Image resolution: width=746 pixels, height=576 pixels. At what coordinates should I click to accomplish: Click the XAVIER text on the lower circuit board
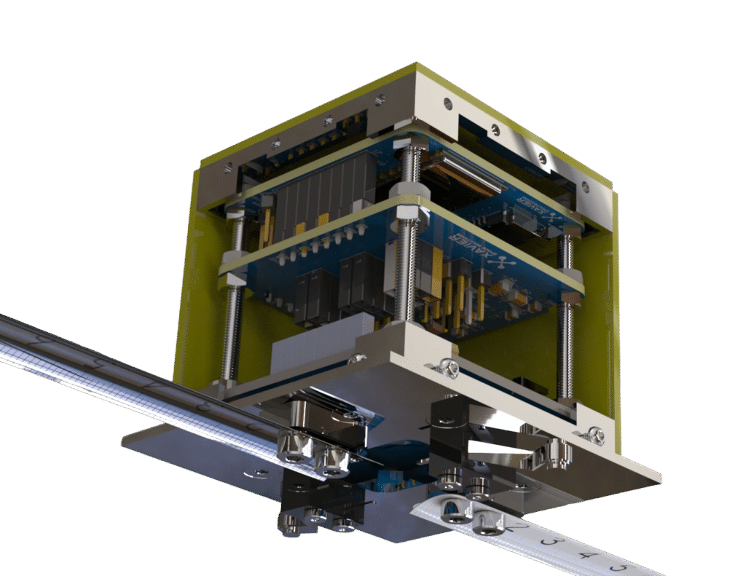pos(459,245)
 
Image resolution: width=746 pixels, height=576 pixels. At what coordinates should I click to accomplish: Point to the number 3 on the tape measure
pos(555,543)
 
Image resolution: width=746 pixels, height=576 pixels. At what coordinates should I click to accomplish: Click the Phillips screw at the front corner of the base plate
pos(447,368)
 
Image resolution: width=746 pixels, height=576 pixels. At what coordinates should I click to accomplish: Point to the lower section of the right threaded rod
pos(565,350)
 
